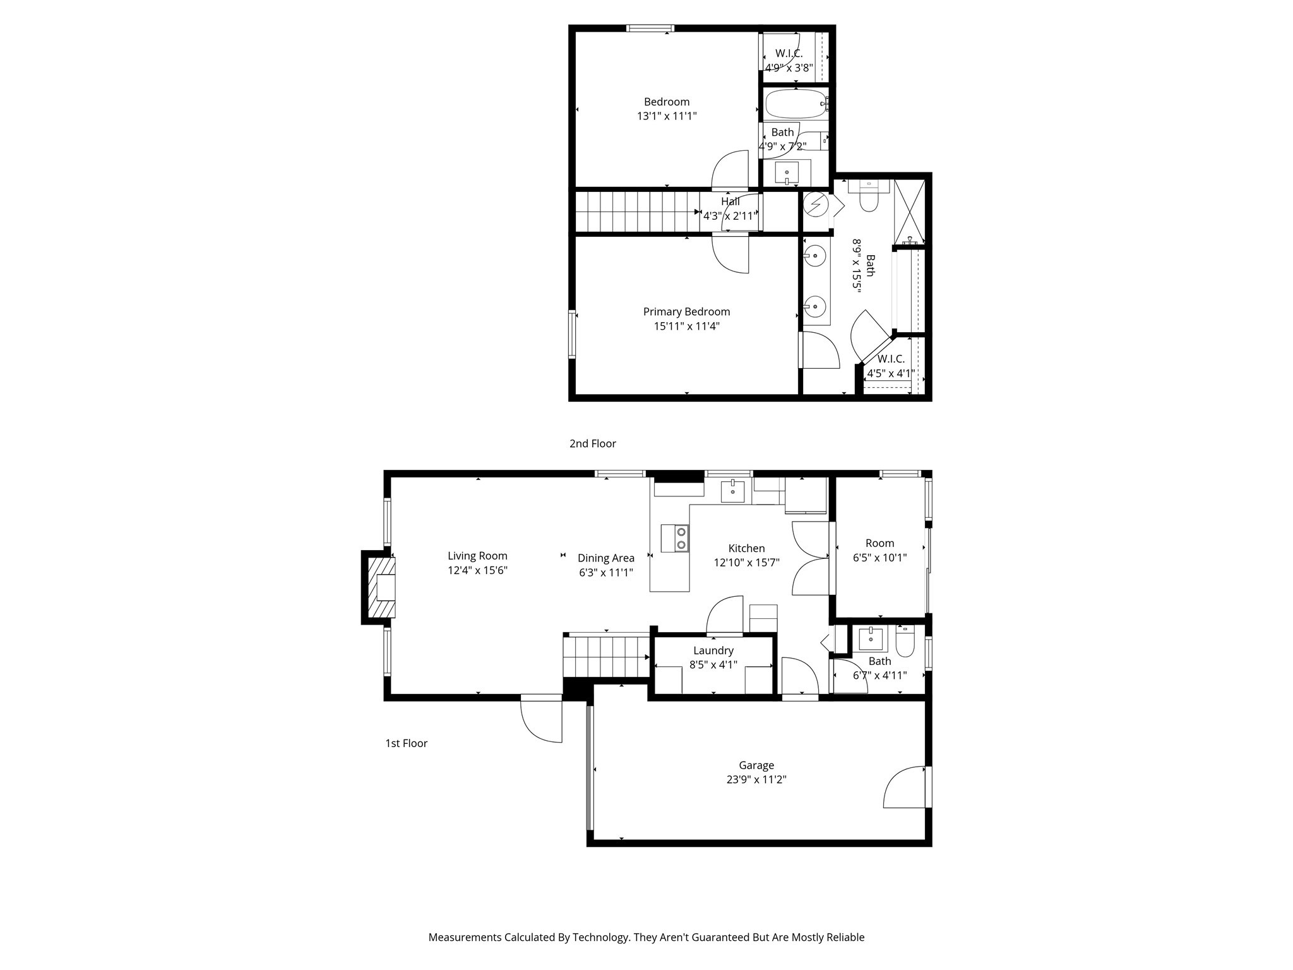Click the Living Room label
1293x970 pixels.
point(477,556)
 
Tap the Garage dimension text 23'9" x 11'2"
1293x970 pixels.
point(756,780)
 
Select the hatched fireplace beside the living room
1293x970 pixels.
point(381,587)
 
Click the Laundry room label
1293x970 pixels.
point(713,650)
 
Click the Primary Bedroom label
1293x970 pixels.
point(686,312)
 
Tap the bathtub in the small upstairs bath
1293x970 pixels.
point(795,104)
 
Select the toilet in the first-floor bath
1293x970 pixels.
point(905,641)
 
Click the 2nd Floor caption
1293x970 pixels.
point(592,444)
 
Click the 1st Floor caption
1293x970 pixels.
point(406,743)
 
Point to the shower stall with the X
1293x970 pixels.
point(910,212)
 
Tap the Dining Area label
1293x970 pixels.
point(605,558)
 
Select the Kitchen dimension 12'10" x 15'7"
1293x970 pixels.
point(746,563)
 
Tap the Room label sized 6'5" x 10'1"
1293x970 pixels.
point(879,543)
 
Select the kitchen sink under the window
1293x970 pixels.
point(732,491)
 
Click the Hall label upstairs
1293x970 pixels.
point(730,201)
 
